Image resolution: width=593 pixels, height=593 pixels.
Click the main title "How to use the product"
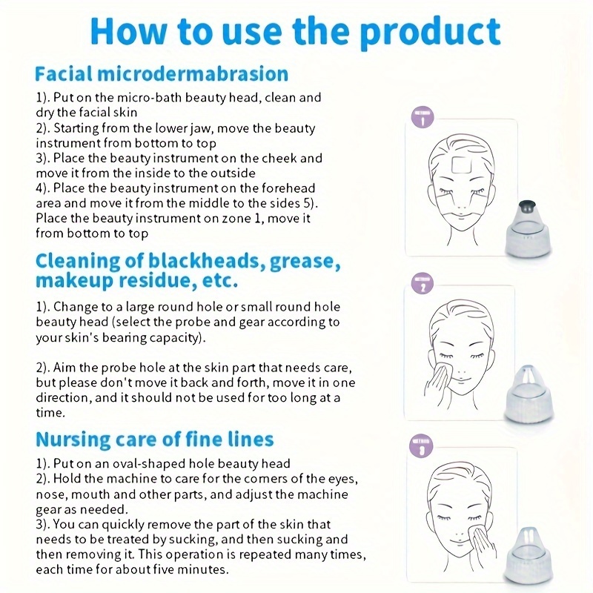click(295, 32)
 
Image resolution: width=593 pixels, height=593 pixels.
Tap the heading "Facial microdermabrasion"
click(162, 73)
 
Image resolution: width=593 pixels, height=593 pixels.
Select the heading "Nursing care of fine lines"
click(155, 440)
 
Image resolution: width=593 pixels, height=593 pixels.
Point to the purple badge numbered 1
click(423, 117)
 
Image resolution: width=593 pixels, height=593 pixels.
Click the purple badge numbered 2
click(423, 283)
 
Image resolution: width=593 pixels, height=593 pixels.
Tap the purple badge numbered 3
click(421, 445)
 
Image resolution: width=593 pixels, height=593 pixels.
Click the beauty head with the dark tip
click(528, 229)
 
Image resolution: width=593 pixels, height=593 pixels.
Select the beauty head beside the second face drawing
click(529, 394)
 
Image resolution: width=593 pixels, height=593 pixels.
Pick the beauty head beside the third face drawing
click(529, 554)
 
